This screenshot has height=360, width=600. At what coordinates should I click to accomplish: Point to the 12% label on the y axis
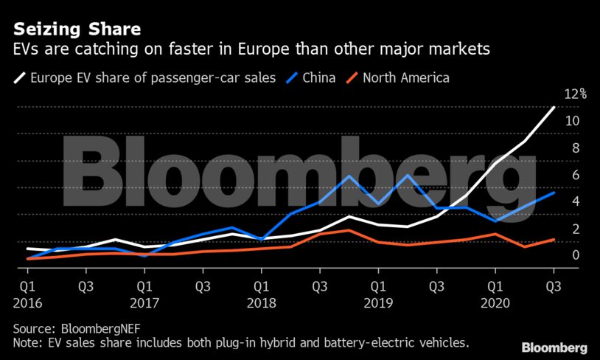click(x=574, y=94)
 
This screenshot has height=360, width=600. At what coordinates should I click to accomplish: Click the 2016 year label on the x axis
click(x=27, y=302)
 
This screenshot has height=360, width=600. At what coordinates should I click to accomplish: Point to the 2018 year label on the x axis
click(x=261, y=302)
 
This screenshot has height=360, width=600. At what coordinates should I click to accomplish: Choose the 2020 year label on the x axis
click(x=495, y=302)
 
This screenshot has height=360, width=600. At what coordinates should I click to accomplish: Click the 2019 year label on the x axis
click(x=377, y=302)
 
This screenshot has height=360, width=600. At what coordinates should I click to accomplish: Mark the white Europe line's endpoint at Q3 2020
click(x=554, y=108)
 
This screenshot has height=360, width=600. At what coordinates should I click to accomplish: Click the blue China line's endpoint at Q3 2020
click(x=554, y=193)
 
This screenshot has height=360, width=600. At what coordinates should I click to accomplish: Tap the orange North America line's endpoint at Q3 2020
click(x=554, y=240)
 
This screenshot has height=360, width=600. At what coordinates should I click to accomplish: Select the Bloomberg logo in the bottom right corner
click(x=554, y=347)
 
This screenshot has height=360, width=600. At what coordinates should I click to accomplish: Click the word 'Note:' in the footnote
click(x=28, y=343)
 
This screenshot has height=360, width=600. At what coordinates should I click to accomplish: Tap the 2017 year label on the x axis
click(x=144, y=302)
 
